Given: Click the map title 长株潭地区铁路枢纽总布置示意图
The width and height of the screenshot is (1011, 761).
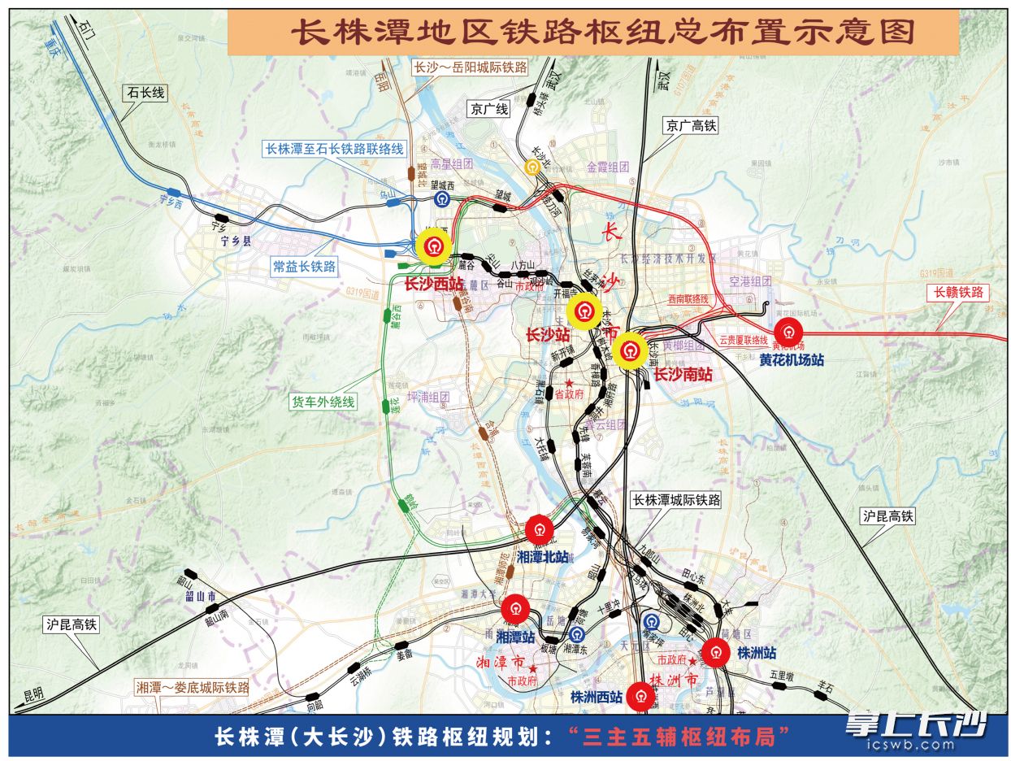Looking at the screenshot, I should (603, 33).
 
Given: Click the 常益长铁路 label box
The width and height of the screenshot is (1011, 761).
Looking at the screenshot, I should (305, 267).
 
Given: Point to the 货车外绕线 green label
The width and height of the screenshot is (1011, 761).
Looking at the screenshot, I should (323, 401).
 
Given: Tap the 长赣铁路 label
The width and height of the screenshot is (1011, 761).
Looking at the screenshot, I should (958, 292).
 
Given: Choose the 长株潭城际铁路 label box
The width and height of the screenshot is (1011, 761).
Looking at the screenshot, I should (676, 501).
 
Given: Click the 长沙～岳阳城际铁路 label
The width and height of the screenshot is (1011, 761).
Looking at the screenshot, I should (471, 67).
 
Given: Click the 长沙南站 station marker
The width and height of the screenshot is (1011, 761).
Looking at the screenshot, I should (631, 352).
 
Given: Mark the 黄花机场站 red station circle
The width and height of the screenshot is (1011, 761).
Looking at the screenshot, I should (788, 332).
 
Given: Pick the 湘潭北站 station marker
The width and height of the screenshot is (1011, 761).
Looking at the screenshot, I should (539, 530).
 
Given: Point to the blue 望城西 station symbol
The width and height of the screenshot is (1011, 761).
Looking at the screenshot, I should (442, 198).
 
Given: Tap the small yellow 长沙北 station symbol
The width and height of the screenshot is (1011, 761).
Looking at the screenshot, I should (532, 167).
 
